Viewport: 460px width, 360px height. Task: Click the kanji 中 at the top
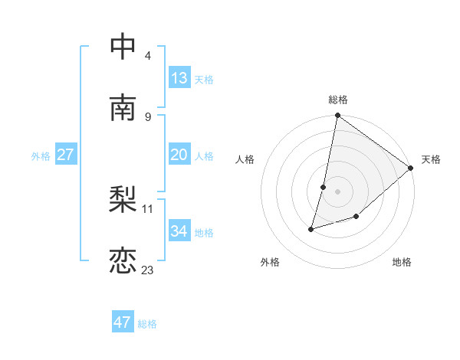(123, 47)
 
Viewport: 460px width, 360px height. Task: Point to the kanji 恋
(123, 261)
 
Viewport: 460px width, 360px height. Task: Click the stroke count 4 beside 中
(148, 56)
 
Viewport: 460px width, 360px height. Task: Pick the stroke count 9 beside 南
(148, 116)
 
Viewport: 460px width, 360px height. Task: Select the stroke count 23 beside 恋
(148, 270)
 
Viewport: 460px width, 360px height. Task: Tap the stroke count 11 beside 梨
(148, 208)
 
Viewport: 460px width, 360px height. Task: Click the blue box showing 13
(179, 77)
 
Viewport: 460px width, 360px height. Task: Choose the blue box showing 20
(179, 154)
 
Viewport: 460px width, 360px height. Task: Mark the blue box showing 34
(179, 231)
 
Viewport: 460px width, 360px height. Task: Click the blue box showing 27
(65, 154)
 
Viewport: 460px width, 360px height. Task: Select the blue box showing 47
(123, 322)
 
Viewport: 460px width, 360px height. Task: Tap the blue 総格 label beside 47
(147, 324)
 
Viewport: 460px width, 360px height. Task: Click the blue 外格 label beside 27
(41, 155)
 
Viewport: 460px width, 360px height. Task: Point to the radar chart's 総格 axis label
(338, 100)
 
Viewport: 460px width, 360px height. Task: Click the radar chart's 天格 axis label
(431, 159)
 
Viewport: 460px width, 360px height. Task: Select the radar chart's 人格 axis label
(245, 159)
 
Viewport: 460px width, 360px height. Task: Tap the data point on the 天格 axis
(411, 169)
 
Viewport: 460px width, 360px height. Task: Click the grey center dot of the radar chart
(338, 191)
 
